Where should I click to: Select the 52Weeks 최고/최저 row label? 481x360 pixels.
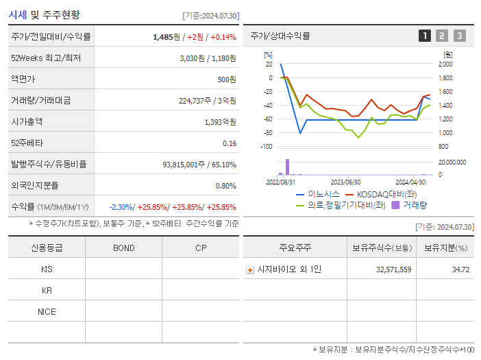46,58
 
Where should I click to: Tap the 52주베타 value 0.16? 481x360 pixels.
230,143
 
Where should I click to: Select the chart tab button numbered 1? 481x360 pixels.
425,36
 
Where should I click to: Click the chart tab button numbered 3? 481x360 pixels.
459,36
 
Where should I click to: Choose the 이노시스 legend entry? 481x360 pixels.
320,194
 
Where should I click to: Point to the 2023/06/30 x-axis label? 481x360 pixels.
346,182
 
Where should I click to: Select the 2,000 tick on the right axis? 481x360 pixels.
445,64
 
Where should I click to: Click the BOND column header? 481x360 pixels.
123,248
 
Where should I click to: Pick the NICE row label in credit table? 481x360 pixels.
47,311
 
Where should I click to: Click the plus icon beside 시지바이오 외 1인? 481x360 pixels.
249,270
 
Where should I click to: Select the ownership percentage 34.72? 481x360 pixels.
460,269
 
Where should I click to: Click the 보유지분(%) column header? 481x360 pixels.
445,248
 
